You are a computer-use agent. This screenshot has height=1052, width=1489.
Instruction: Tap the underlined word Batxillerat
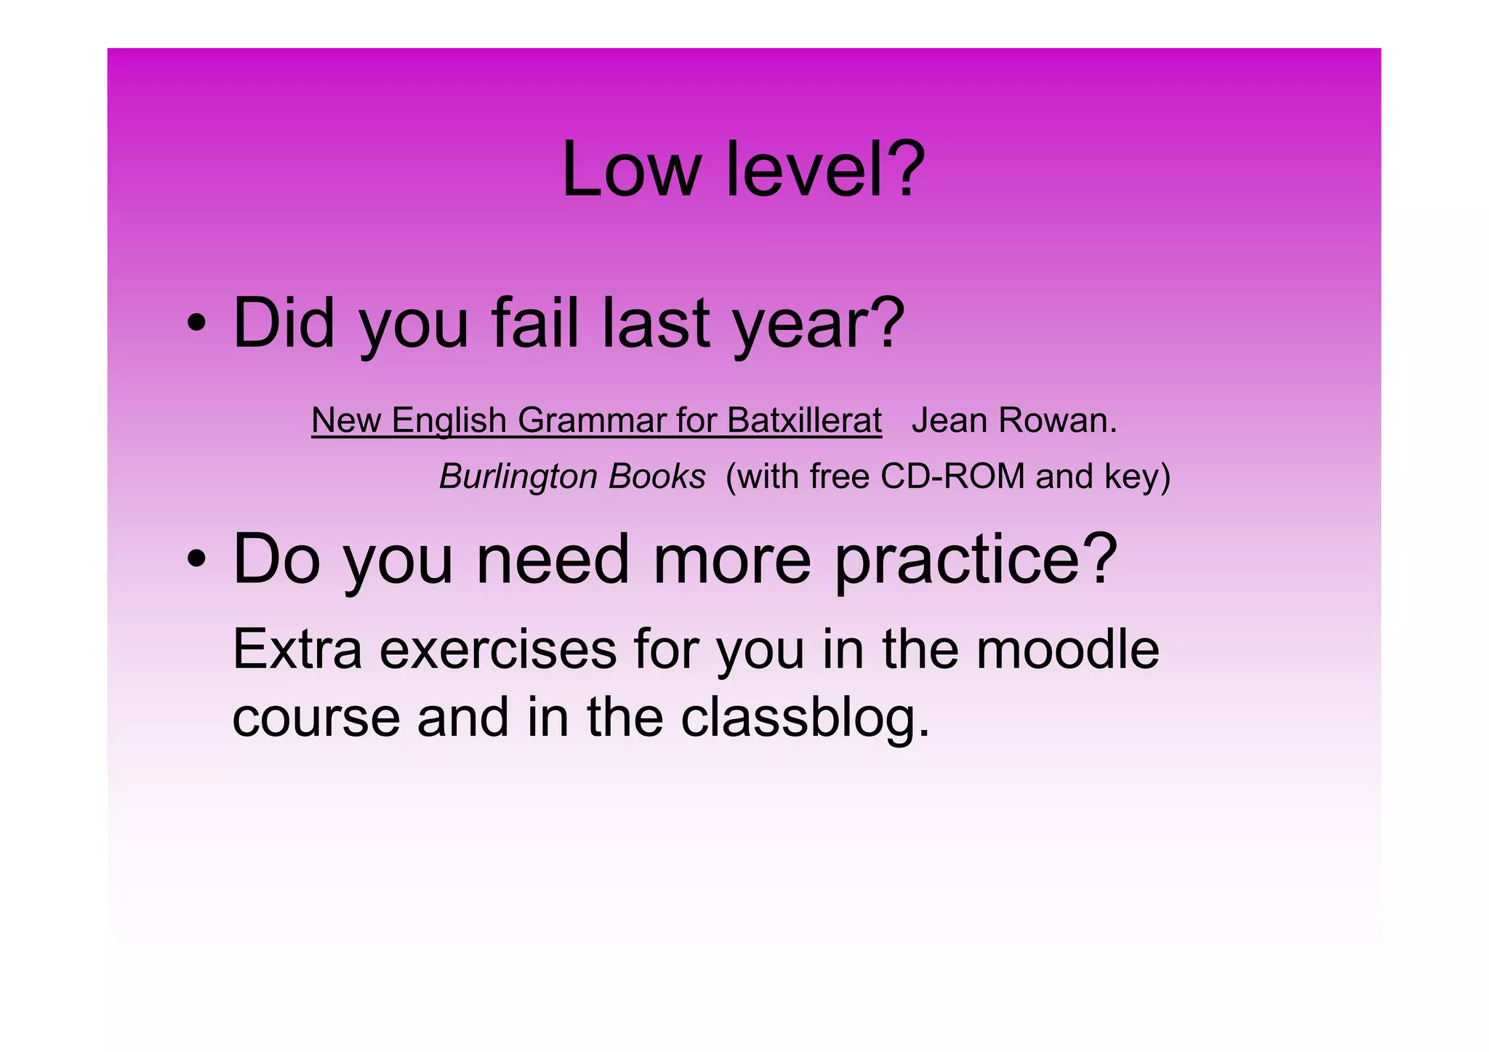click(804, 421)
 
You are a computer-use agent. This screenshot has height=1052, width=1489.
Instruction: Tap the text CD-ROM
click(952, 477)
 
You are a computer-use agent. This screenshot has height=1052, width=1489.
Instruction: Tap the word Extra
click(297, 649)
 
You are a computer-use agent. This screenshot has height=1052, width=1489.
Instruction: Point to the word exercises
click(498, 649)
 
